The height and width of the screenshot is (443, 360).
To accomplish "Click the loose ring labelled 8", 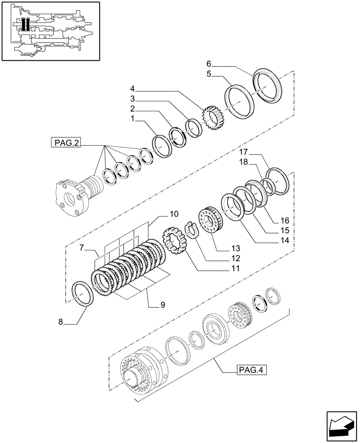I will click(x=83, y=293).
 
